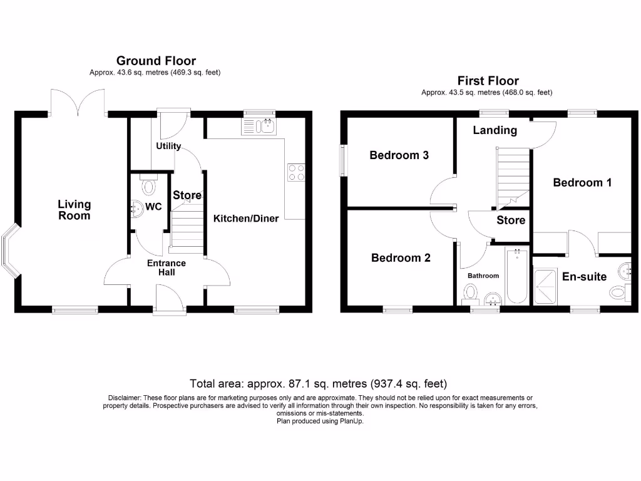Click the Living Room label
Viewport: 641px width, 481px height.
(74, 210)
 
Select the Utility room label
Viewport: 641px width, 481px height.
(168, 146)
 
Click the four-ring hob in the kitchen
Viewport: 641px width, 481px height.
(296, 172)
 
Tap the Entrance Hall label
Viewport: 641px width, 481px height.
(167, 267)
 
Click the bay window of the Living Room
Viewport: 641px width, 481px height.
(11, 253)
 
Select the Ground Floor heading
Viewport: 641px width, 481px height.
(156, 61)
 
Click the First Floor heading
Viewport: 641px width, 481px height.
(488, 80)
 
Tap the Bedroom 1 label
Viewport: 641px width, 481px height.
(582, 182)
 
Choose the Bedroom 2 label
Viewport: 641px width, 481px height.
(401, 257)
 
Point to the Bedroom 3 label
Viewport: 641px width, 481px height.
(399, 155)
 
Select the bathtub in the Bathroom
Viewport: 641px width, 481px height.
(517, 276)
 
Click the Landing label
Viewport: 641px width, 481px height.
(495, 130)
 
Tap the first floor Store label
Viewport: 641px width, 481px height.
(511, 220)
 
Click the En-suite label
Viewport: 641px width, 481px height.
(584, 276)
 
